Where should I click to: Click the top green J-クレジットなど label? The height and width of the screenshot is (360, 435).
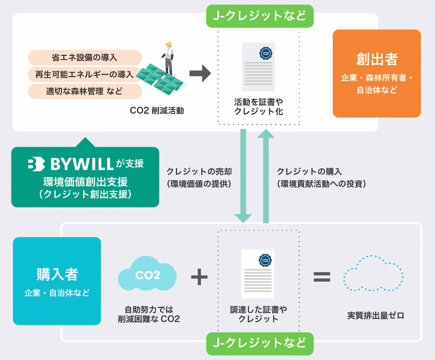tap(260, 16)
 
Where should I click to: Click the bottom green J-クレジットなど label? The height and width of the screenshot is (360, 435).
tap(260, 343)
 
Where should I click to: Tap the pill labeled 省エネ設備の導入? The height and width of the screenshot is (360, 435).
tap(85, 57)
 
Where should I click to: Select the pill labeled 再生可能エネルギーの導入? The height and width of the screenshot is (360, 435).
tap(84, 74)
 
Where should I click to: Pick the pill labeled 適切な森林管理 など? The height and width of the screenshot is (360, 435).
tap(84, 91)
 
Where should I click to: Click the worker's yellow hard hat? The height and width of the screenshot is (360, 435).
tap(169, 44)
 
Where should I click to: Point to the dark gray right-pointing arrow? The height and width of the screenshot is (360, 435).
tap(200, 73)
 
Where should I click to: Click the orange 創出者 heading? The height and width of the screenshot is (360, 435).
tap(377, 59)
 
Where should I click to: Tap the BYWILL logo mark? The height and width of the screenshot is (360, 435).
tap(36, 164)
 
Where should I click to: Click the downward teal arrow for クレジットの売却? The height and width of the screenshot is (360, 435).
tap(243, 175)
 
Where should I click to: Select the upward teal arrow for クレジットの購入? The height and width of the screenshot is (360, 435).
tap(266, 175)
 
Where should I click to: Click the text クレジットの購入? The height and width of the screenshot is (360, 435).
tap(309, 171)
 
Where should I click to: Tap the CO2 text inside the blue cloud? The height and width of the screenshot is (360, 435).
tap(148, 275)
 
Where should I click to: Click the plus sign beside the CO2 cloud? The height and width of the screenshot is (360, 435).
tap(199, 277)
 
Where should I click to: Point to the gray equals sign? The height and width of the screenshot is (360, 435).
tap(322, 277)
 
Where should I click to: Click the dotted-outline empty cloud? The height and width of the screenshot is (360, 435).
tap(373, 273)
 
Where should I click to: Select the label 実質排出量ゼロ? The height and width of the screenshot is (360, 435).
tap(375, 315)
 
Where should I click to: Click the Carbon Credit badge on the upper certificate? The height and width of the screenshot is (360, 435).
tap(266, 53)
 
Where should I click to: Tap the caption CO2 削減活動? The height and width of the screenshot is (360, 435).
tap(157, 111)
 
